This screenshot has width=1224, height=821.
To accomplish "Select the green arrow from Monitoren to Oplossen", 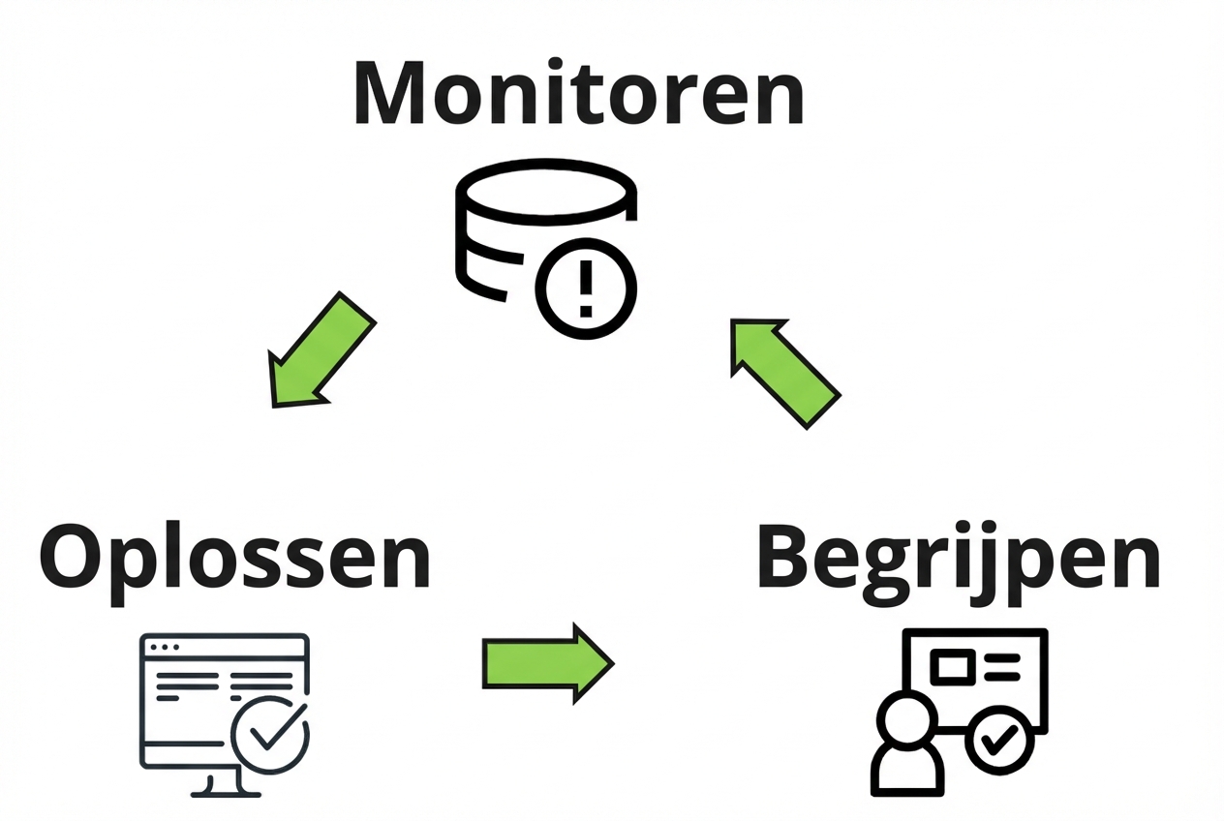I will pyautogui.click(x=319, y=350).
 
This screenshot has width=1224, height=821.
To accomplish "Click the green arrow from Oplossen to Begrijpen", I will pyautogui.click(x=547, y=663).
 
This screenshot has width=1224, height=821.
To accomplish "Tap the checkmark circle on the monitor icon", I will pyautogui.click(x=271, y=734).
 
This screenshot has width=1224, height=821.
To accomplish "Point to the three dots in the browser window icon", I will pyautogui.click(x=162, y=647).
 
